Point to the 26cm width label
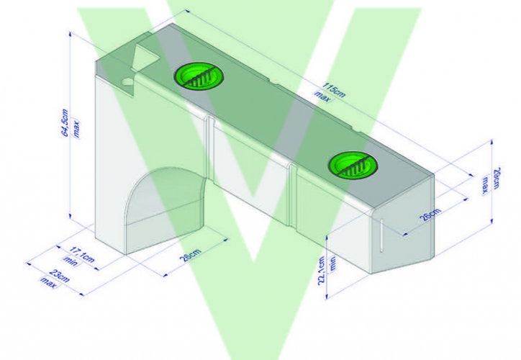[430, 214]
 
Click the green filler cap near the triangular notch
[198, 76]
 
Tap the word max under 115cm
[322, 95]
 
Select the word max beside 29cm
[486, 186]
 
